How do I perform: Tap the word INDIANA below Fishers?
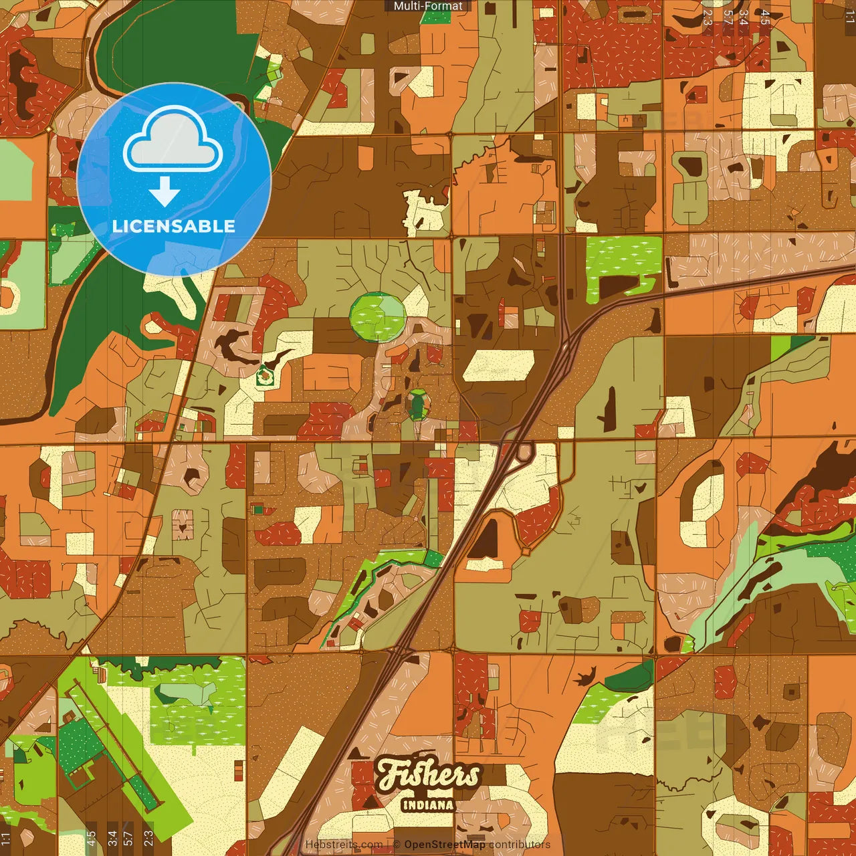point(428,805)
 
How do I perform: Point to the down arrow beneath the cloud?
point(165,193)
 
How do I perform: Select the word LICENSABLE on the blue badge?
point(173,226)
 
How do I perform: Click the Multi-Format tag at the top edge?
point(428,6)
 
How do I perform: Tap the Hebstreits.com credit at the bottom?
point(344,845)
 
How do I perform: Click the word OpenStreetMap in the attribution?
point(445,845)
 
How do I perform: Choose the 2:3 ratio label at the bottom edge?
point(148,835)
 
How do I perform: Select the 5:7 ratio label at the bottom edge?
point(128,835)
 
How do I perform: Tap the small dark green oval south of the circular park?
point(418,404)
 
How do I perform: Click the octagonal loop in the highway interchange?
point(523,451)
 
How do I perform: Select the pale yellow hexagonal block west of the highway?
point(498,366)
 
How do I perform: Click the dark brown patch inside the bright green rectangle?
point(619,286)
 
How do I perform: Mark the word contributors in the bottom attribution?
point(519,845)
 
